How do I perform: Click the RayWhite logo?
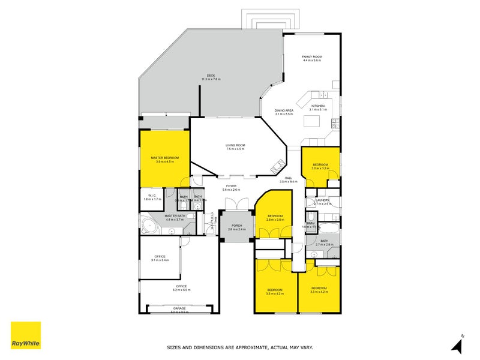pyautogui.click(x=26, y=335)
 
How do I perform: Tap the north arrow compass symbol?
pyautogui.click(x=458, y=344)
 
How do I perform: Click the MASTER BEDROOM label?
pyautogui.click(x=164, y=158)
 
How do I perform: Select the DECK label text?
pyautogui.click(x=211, y=76)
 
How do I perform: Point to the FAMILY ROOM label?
pyautogui.click(x=311, y=57)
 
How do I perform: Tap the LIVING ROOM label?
pyautogui.click(x=235, y=145)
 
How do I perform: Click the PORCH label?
pyautogui.click(x=237, y=226)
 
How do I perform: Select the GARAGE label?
pyautogui.click(x=179, y=308)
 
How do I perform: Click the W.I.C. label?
pyautogui.click(x=152, y=196)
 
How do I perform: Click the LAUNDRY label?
pyautogui.click(x=322, y=200)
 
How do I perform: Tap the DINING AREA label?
pyautogui.click(x=283, y=110)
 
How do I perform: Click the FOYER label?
pyautogui.click(x=231, y=186)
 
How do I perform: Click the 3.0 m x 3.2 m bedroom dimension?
pyautogui.click(x=320, y=169)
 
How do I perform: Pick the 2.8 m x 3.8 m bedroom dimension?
pyautogui.click(x=275, y=220)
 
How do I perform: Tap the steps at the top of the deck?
pyautogui.click(x=260, y=22)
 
